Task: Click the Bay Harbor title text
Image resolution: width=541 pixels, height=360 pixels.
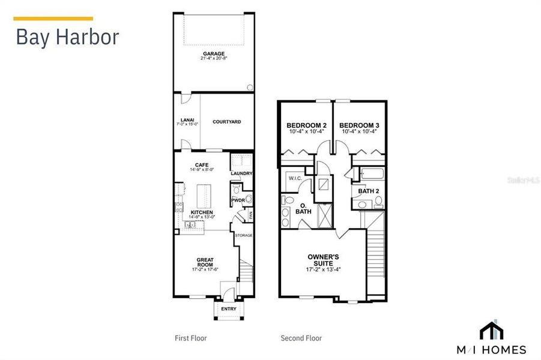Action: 67,37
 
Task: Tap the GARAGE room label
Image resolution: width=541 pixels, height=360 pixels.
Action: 213,53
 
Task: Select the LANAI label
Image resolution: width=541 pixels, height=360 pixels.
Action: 186,119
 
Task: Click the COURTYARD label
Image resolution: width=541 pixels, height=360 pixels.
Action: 226,121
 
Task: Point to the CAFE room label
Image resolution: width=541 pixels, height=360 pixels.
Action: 201,165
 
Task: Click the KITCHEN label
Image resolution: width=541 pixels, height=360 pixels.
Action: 201,212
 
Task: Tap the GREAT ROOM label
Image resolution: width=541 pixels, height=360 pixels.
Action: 205,262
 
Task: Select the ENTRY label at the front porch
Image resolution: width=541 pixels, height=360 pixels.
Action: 228,309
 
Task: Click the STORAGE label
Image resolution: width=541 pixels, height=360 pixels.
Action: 243,235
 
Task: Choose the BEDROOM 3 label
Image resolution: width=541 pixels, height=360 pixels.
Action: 359,125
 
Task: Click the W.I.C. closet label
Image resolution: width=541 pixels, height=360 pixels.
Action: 295,178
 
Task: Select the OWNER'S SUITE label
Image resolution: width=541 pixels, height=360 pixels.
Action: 323,260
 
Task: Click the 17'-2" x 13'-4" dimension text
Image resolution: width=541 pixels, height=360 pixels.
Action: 323,269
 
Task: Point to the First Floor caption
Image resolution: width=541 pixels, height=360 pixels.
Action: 190,338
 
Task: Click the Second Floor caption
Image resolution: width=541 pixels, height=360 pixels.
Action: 301,338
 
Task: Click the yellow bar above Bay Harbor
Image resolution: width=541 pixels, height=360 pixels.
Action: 53,19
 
